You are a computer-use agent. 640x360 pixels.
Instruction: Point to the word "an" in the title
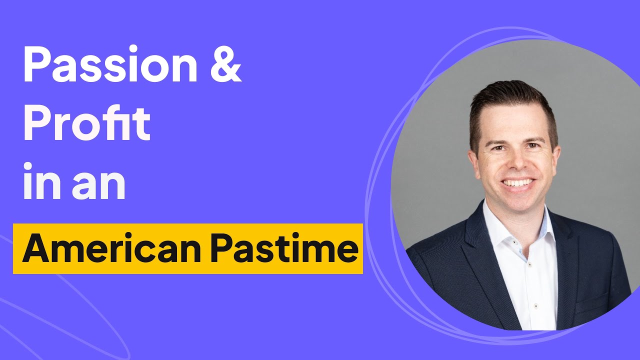pos(98,185)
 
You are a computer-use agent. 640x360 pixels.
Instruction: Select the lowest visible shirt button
pos(536,305)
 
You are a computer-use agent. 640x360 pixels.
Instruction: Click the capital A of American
pos(35,249)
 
